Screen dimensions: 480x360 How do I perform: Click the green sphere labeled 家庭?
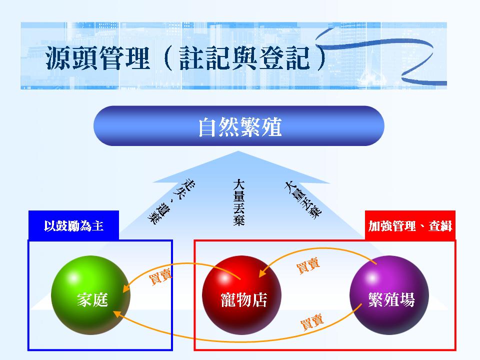[x=90, y=295]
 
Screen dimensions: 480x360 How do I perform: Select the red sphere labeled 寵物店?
[x=242, y=295]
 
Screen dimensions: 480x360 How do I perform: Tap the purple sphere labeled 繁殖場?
[x=389, y=295]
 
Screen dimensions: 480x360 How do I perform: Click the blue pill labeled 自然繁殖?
[x=239, y=126]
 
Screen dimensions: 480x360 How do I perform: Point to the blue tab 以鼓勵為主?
[x=73, y=225]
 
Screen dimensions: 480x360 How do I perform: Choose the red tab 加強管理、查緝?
[x=410, y=225]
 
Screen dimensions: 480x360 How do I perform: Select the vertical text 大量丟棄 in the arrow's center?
[x=239, y=202]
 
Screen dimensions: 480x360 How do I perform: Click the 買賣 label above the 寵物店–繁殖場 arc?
[x=308, y=265]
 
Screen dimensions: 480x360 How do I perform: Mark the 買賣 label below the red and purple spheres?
[x=311, y=321]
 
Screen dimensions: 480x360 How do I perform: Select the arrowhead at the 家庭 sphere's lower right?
[x=117, y=313]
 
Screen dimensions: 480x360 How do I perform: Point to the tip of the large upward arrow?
[x=238, y=151]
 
